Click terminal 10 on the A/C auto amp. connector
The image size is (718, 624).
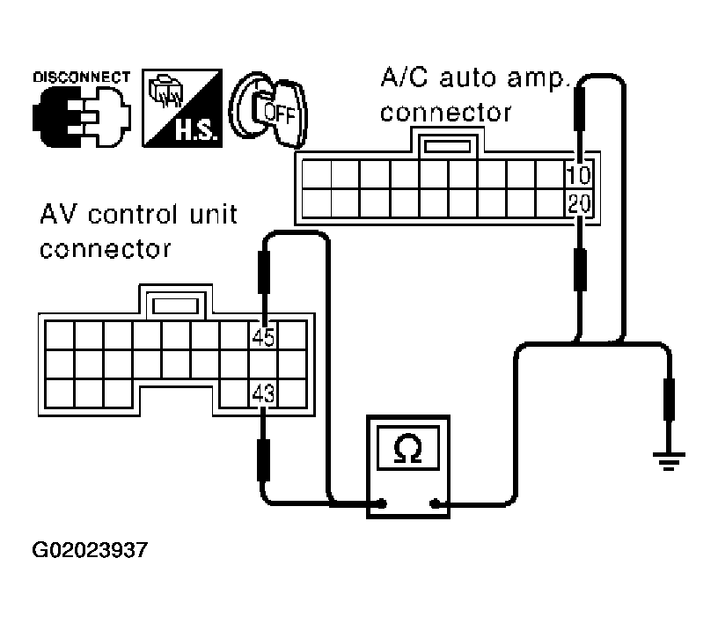[x=579, y=173]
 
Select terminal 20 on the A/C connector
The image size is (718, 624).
[x=579, y=203]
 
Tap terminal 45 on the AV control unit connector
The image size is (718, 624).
[x=263, y=336]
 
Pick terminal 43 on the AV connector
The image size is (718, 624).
[x=263, y=393]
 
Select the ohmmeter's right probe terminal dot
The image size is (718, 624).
[x=435, y=504]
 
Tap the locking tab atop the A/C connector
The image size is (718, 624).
[x=451, y=143]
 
